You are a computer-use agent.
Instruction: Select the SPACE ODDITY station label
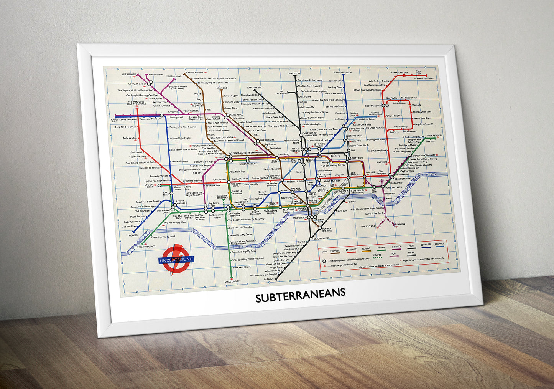(232, 282)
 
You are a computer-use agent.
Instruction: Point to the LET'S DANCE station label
(129, 74)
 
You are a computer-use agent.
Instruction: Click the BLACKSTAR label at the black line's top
(294, 73)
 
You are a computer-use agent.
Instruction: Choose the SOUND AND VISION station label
(342, 72)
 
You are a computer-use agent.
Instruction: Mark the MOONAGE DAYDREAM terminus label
(424, 78)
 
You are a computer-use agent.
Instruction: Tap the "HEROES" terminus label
(133, 235)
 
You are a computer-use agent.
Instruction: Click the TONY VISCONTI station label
(147, 247)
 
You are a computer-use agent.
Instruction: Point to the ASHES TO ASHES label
(368, 226)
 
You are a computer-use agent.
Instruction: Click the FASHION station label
(400, 224)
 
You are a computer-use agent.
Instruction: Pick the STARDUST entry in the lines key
(351, 250)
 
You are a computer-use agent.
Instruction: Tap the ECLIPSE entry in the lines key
(377, 255)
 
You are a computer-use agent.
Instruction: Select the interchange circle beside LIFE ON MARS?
(159, 185)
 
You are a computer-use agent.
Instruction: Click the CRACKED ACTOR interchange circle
(311, 238)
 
